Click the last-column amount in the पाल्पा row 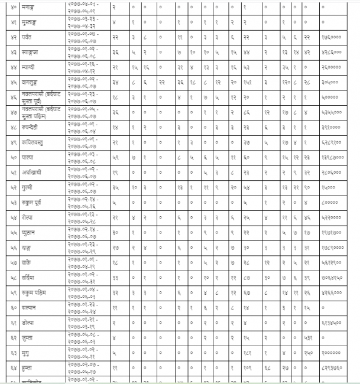pos(332,158)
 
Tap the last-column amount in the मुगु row pos(331,353)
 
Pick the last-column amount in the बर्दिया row pos(332,278)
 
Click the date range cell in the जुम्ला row pos(85,338)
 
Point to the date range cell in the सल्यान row pos(85,308)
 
